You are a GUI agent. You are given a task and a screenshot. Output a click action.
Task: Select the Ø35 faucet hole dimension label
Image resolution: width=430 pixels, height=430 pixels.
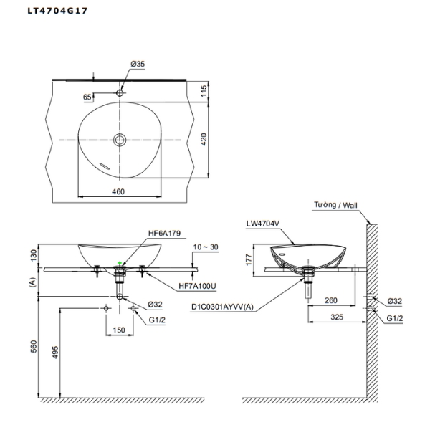(x=138, y=64)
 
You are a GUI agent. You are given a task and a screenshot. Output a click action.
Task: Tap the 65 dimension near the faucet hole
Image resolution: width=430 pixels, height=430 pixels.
(x=87, y=96)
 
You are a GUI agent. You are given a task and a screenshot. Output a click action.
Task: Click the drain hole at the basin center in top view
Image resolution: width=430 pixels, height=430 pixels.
(x=120, y=139)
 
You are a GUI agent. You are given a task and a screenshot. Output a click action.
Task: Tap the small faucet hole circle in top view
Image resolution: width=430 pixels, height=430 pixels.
(x=120, y=93)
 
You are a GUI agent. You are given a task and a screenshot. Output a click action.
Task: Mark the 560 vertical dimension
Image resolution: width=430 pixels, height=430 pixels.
(x=32, y=346)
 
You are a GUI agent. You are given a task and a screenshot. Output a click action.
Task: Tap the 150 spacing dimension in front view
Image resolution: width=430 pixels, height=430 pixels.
(x=120, y=331)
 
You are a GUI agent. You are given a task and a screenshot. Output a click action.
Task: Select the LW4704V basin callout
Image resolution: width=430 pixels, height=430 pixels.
(x=262, y=223)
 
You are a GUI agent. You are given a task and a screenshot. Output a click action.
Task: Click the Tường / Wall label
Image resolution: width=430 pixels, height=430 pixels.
(x=335, y=205)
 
